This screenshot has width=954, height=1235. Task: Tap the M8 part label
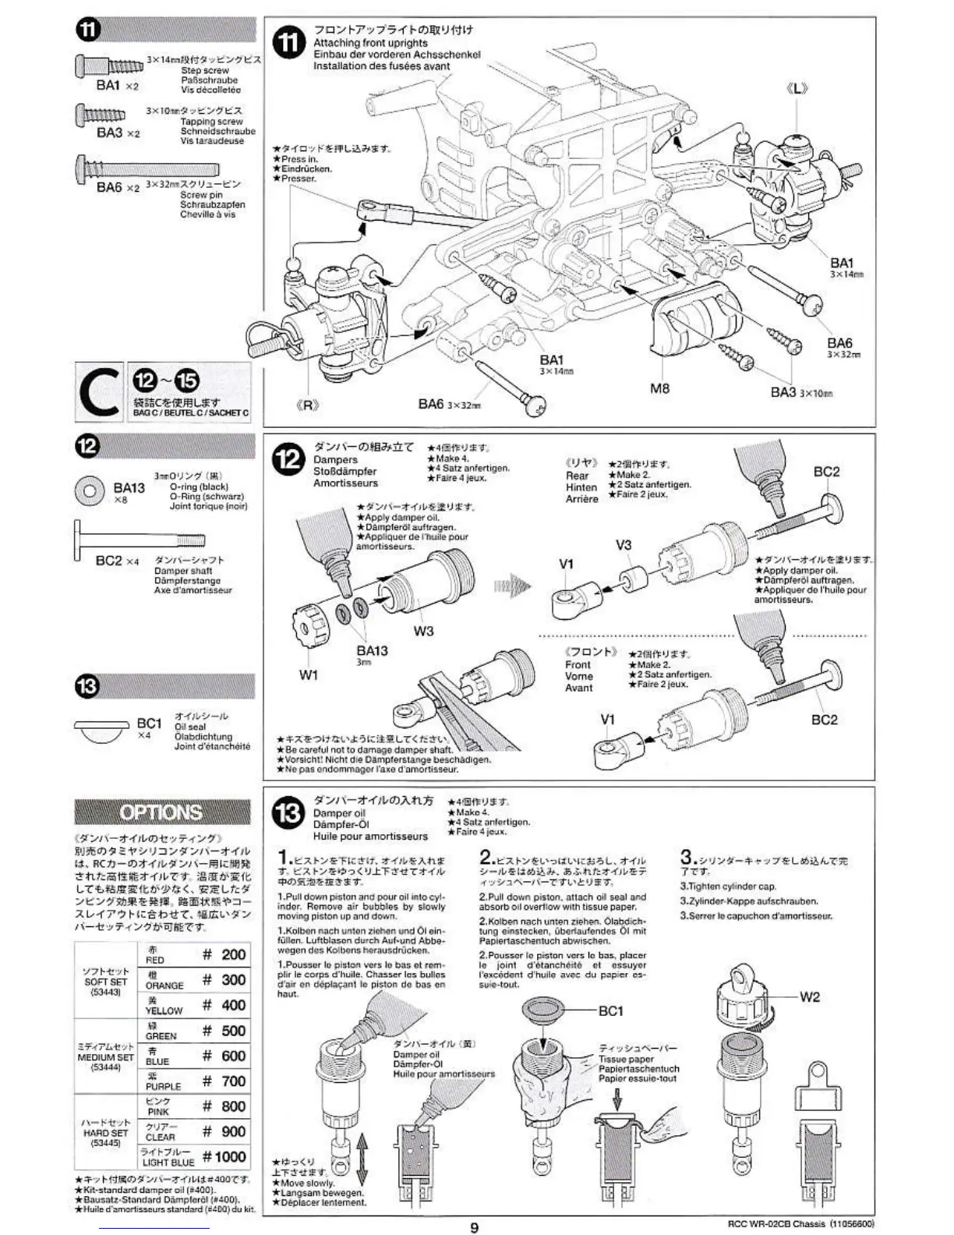pyautogui.click(x=659, y=388)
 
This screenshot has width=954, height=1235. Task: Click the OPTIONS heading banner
pyautogui.click(x=162, y=812)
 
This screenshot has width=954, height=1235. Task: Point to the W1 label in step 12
pyautogui.click(x=309, y=674)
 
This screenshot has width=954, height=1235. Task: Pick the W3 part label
pyautogui.click(x=423, y=631)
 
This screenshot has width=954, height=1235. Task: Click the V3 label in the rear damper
pyautogui.click(x=624, y=545)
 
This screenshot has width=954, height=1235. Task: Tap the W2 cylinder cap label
pyautogui.click(x=810, y=996)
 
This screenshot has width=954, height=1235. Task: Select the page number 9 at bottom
pyautogui.click(x=474, y=1227)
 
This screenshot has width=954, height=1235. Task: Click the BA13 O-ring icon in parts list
pyautogui.click(x=89, y=490)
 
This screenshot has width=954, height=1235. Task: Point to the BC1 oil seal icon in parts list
pyautogui.click(x=101, y=730)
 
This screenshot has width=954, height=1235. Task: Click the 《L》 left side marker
pyautogui.click(x=797, y=89)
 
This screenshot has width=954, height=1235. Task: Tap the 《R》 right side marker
pyautogui.click(x=309, y=405)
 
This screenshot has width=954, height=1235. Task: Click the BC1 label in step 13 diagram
pyautogui.click(x=610, y=1010)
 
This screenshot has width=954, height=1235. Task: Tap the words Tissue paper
pyautogui.click(x=626, y=1059)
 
